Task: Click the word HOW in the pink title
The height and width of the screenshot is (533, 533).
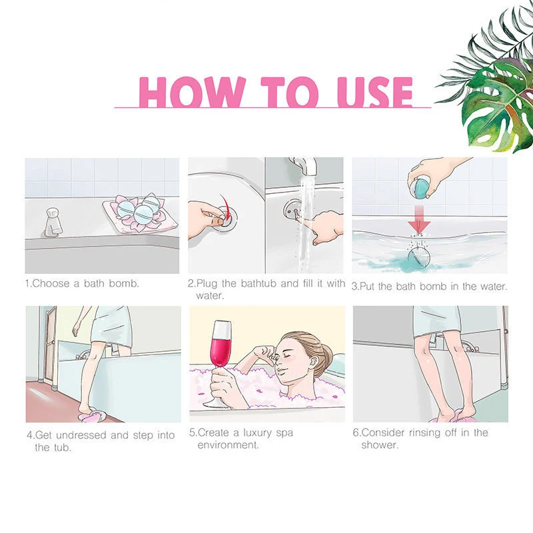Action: pos(193,92)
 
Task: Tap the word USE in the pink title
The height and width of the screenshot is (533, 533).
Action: pos(374,92)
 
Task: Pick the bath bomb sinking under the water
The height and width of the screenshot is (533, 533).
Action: pos(419,258)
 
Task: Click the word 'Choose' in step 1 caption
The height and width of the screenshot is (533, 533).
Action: pos(51,284)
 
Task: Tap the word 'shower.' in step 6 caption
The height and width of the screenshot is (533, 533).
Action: pos(379,445)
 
